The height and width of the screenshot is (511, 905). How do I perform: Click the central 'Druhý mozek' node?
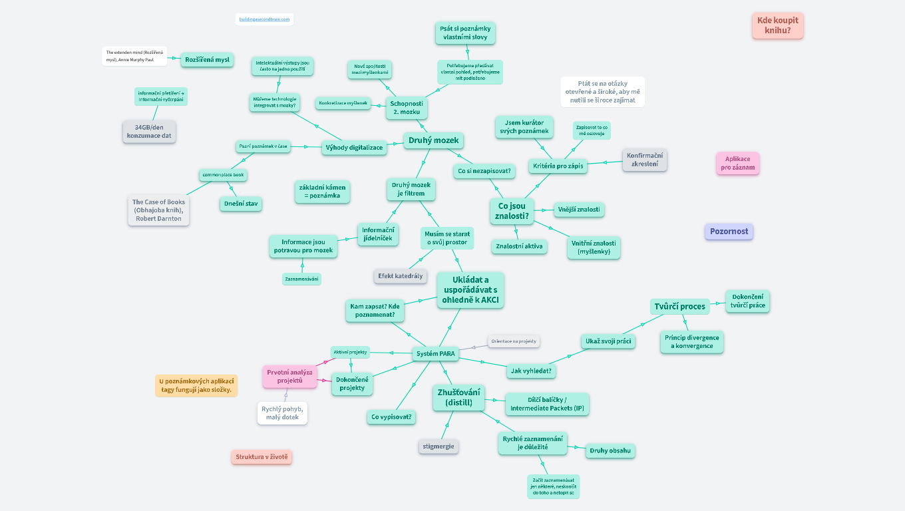point(433,140)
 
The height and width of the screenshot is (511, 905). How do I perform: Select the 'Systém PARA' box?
point(436,354)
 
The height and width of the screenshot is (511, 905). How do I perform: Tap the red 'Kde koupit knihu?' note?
point(777,25)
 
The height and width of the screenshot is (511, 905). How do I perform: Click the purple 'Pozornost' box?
point(729,232)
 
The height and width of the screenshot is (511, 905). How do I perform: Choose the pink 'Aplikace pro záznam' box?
point(737,163)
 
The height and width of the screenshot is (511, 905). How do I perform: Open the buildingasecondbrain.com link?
point(265,19)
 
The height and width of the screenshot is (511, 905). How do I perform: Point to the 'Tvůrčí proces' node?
point(679,306)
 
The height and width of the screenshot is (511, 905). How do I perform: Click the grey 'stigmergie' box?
point(439,446)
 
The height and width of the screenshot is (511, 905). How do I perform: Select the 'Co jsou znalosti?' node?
point(512,211)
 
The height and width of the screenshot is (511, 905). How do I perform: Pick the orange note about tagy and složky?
point(196,385)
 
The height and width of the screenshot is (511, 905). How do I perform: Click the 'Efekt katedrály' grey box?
point(400,275)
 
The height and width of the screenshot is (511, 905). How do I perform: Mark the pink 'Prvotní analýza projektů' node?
point(289,376)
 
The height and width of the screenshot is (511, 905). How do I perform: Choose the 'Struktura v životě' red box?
point(262,457)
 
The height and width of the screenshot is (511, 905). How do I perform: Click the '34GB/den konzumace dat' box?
point(149,131)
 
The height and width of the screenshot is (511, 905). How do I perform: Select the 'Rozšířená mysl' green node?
point(207,60)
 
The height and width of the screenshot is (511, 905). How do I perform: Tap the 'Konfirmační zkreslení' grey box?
point(644,160)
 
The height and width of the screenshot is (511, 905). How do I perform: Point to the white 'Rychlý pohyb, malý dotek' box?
point(282,413)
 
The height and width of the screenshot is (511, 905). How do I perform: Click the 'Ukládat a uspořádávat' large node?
point(470,290)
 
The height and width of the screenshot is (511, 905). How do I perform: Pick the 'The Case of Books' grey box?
point(159,210)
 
